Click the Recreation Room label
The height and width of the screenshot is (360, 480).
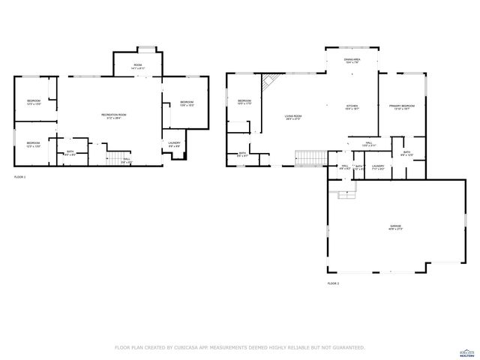pos(114,115)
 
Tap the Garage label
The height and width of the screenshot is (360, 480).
pos(395,226)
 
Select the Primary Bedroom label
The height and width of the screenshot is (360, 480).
pos(402,108)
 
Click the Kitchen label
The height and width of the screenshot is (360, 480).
pos(353,108)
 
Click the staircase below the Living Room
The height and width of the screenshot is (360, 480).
pos(308,157)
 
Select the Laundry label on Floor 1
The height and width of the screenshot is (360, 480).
pos(174,144)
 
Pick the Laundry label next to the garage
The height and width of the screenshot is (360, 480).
pos(378,167)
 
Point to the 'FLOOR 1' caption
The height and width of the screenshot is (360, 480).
pos(20,177)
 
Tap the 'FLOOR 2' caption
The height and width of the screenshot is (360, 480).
pos(333,283)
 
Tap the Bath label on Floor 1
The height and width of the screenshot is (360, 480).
pos(69,152)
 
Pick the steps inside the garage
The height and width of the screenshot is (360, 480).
pos(346,194)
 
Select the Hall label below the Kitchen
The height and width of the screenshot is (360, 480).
pos(369,143)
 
